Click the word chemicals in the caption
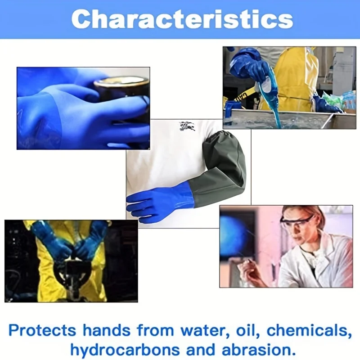coord(309,330)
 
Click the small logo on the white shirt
coord(187,127)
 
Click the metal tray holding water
coord(288,119)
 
